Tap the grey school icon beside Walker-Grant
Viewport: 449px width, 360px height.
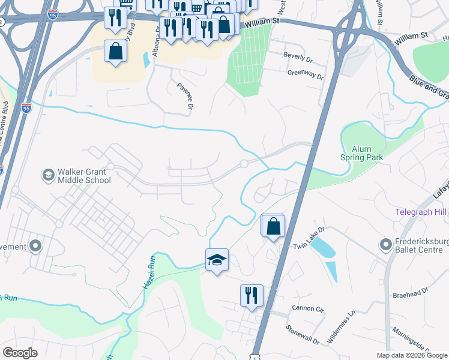(x=47, y=175)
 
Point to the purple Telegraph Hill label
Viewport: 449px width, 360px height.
(x=421, y=212)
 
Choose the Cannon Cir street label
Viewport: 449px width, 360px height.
(x=308, y=309)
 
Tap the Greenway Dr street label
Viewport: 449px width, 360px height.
(x=306, y=76)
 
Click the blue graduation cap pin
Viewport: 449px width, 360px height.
(x=217, y=260)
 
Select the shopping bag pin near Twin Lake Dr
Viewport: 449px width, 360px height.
(x=273, y=226)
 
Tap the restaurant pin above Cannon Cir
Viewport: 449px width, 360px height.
(x=252, y=296)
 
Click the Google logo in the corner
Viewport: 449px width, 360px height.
(x=20, y=353)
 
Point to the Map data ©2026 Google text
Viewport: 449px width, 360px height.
(x=412, y=355)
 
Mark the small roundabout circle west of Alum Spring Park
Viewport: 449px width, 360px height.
(x=244, y=164)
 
